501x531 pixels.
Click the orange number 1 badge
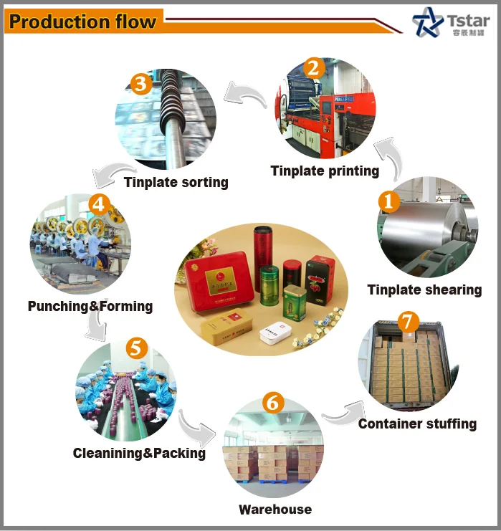point(389,201)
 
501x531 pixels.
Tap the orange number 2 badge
point(312,69)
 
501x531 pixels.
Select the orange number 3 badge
point(141,84)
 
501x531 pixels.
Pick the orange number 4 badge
point(99,204)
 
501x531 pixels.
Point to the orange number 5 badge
point(135,349)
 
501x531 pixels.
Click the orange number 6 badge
point(272,402)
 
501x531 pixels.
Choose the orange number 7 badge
point(408,321)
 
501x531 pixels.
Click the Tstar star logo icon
point(429,22)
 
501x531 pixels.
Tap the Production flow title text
point(82,21)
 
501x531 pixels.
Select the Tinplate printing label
point(325,171)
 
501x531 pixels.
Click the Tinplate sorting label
point(176,182)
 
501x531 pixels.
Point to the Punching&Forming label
point(90,306)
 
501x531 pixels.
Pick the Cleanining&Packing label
point(139,453)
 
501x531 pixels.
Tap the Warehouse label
point(275,510)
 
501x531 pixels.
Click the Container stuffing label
point(417,424)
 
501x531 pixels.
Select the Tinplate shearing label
point(424,290)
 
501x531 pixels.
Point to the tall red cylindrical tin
point(263,252)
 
